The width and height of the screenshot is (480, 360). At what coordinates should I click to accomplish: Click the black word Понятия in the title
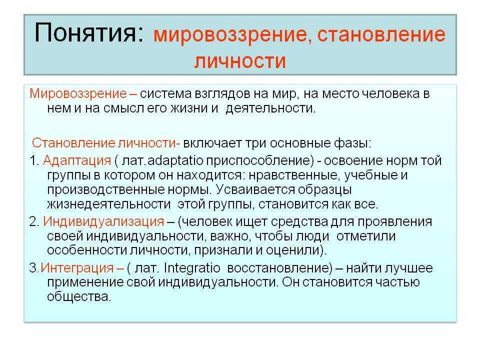[89, 33]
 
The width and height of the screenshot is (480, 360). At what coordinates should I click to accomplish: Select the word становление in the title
[381, 34]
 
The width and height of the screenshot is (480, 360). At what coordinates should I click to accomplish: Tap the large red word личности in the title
[240, 61]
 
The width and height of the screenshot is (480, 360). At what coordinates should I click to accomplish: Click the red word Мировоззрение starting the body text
[78, 93]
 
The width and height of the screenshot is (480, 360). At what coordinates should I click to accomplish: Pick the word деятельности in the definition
[270, 108]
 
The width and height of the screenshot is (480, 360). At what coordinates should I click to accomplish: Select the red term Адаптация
[77, 160]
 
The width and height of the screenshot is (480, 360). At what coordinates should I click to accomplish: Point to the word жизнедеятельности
[108, 204]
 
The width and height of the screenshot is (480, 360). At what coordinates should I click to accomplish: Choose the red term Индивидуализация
[103, 221]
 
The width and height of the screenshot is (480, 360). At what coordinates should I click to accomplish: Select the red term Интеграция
[77, 268]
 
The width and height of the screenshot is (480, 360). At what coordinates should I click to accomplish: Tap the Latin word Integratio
[192, 268]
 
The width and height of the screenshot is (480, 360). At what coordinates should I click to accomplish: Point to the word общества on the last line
[78, 296]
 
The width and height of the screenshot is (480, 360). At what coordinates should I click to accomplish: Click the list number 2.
[33, 221]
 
